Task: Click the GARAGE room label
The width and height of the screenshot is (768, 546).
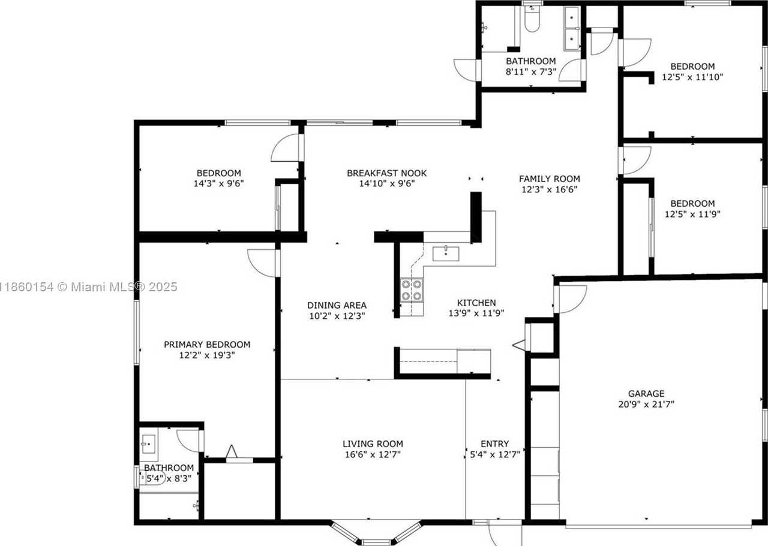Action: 646,394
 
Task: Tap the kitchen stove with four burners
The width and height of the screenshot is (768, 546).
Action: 411,290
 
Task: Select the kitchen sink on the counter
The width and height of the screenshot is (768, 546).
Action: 445,253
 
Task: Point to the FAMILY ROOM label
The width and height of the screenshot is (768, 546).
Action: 549,179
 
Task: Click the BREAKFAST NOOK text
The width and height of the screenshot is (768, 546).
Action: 386,173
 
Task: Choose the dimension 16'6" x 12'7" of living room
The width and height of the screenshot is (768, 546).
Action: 372,454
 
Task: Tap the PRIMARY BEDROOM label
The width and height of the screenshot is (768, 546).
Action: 207,345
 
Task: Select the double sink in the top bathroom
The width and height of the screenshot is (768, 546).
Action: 572,28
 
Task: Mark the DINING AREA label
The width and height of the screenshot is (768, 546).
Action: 337,305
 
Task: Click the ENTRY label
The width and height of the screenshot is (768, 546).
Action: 494,444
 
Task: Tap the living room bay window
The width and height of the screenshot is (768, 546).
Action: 376,533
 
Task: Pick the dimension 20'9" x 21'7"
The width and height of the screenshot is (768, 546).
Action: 646,405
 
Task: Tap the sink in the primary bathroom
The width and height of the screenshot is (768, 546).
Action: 148,445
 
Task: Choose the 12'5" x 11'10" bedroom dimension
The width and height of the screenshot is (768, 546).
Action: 692,77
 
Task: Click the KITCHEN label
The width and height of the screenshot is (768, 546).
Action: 476,303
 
